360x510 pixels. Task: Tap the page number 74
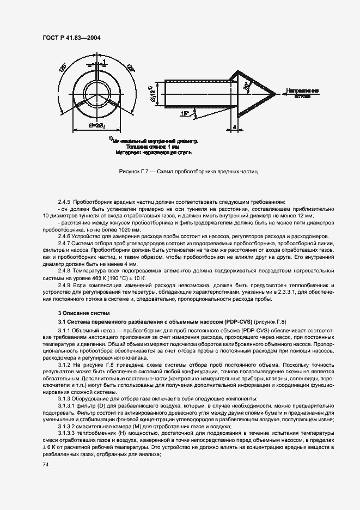pos(45,464)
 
